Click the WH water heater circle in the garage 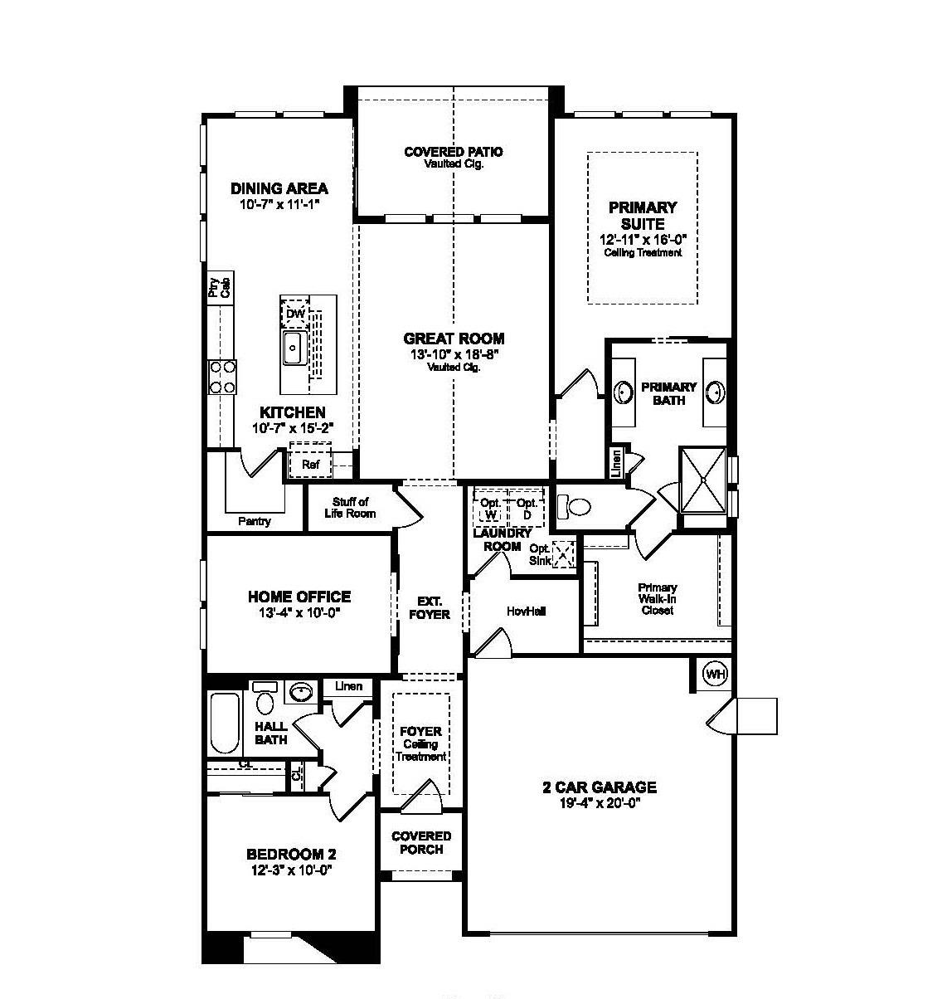coord(715,675)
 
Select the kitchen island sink coord(294,348)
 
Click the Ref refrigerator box coord(310,464)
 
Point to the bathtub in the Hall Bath coord(224,723)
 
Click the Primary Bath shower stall coord(702,480)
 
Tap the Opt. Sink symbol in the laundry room coord(564,554)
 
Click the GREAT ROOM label coord(454,339)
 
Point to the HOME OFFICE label coord(299,597)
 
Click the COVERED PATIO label coord(453,152)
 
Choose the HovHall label coord(525,611)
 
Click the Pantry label coord(254,521)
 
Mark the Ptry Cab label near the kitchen coord(219,288)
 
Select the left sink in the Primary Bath coord(624,391)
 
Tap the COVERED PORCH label coord(421,842)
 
